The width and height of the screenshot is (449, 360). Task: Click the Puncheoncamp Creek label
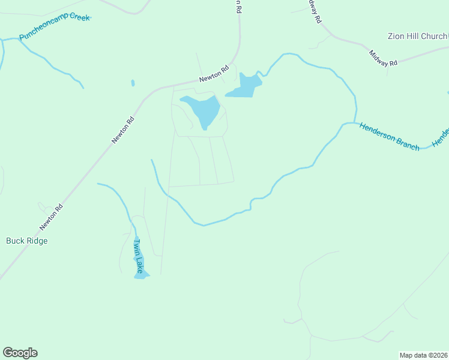click(x=54, y=27)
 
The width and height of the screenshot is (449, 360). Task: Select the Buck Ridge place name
click(x=26, y=241)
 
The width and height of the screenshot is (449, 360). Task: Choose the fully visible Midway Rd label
click(x=384, y=58)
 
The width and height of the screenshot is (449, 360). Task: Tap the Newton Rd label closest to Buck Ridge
click(x=51, y=217)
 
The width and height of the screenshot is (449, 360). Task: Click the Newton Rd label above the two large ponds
click(x=214, y=75)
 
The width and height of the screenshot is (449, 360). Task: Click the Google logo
click(x=20, y=353)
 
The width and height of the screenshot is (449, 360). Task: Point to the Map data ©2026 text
click(x=424, y=355)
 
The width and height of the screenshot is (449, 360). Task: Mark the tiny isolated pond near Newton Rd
click(x=133, y=83)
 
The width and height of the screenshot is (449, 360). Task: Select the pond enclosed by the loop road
click(x=202, y=110)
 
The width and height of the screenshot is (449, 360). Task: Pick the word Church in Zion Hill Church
click(x=434, y=37)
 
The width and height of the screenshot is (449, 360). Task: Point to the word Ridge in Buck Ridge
click(x=37, y=241)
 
